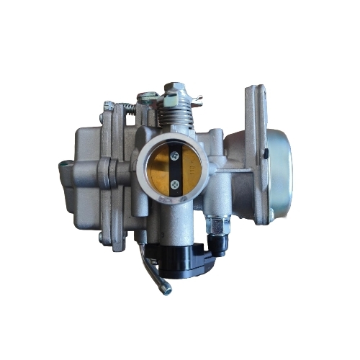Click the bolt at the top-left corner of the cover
pyautogui.click(x=108, y=107)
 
